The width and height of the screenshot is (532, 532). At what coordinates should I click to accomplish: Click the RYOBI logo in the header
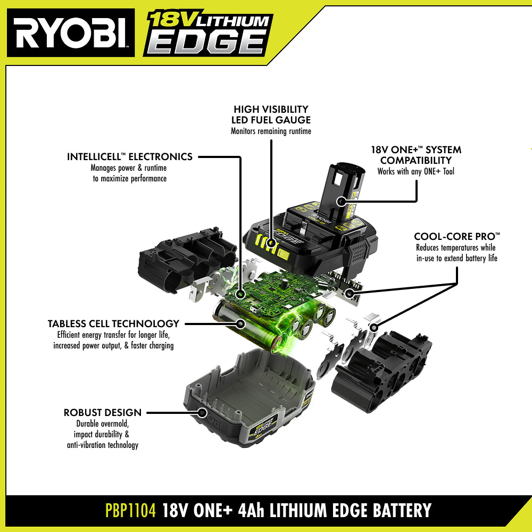click(71, 33)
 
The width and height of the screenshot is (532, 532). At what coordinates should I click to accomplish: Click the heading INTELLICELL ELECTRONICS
click(130, 156)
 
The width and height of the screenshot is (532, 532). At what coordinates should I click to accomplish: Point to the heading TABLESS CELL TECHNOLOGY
click(113, 323)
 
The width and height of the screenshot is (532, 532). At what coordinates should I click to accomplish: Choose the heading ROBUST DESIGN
click(103, 413)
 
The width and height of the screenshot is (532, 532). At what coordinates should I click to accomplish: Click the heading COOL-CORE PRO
click(457, 237)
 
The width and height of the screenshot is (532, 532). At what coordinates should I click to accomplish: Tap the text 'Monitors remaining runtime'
click(271, 131)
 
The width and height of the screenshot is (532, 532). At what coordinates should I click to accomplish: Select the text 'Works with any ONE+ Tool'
click(415, 171)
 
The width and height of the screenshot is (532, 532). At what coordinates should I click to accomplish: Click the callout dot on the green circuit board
click(240, 294)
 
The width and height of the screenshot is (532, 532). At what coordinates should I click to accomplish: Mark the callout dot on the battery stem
click(341, 201)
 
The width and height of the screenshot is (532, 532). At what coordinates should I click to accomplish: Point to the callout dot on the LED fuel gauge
click(271, 243)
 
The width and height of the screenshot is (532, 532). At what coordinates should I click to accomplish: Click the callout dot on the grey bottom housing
click(203, 413)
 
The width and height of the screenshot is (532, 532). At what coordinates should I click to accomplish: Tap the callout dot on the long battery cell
click(240, 323)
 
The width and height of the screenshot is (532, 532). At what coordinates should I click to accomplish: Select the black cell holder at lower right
click(381, 371)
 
